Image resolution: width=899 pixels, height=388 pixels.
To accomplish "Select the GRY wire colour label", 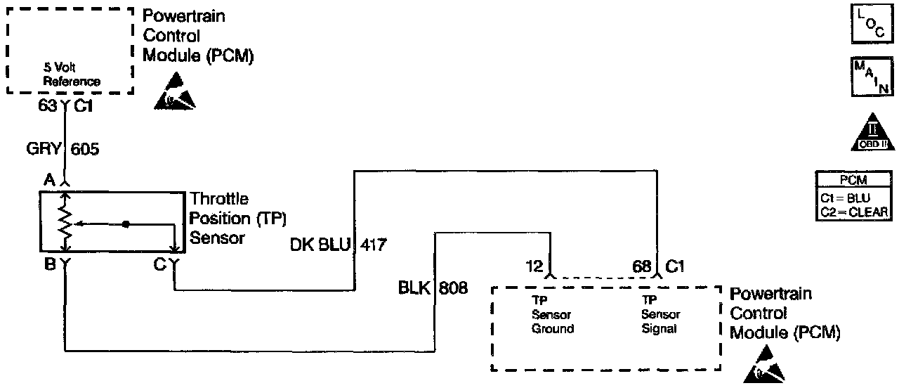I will click(44, 149).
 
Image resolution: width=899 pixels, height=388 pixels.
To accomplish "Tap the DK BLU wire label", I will click(320, 245).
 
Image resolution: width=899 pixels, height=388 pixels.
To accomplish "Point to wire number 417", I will click(374, 245).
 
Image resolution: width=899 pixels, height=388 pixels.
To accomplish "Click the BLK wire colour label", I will click(415, 287).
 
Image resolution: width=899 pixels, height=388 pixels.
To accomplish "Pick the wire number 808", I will click(454, 287).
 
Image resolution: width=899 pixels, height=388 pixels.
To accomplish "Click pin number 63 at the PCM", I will click(48, 108).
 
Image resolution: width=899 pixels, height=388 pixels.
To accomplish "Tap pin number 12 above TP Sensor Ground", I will click(534, 267).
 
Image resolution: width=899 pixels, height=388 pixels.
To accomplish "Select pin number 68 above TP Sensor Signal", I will click(641, 267).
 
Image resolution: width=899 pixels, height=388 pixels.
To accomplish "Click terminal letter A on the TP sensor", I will click(49, 180).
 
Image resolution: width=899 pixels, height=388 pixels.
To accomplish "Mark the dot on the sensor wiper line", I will click(126, 224).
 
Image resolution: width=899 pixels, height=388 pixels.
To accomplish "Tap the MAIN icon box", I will click(870, 77).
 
